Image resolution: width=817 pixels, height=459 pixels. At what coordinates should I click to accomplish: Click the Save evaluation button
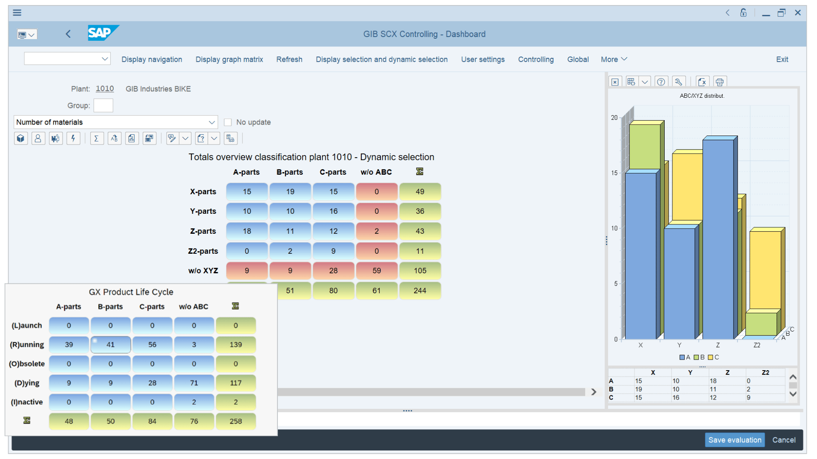pos(734,440)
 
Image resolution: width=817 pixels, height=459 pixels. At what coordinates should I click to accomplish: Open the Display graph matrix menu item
pos(229,59)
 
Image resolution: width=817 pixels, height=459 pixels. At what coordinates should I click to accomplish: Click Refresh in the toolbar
pos(289,59)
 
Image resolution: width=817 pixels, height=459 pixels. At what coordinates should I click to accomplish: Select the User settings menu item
pos(483,59)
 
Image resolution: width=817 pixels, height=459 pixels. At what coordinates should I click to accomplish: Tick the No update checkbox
pos(228,122)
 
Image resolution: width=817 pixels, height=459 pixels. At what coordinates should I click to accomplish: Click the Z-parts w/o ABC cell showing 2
pos(377,231)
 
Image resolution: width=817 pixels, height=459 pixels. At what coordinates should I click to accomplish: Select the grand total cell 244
pos(420,291)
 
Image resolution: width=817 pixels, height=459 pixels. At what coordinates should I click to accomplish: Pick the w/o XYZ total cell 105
pos(420,271)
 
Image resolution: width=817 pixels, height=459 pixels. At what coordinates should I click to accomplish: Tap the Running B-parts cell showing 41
pos(111,345)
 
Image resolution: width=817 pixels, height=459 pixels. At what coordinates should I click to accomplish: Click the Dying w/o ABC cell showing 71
pos(194,383)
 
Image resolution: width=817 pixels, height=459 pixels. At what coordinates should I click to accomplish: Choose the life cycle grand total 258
pos(236,421)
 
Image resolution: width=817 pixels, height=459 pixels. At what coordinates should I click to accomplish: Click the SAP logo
pos(103,33)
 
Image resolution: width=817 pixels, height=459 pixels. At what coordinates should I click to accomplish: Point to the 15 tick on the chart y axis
pos(614,173)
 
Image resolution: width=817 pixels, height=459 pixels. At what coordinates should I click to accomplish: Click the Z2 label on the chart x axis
pos(757,345)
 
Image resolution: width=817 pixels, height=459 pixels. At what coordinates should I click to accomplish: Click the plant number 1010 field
pos(105,89)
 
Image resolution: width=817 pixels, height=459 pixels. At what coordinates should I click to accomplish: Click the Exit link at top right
pos(782,59)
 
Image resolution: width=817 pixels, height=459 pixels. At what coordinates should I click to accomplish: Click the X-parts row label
pos(203,192)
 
